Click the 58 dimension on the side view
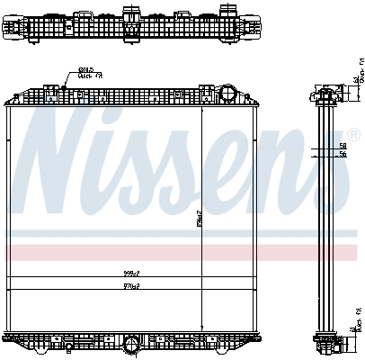(343, 145)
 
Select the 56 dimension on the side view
(343, 154)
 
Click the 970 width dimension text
(133, 286)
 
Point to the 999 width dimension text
(133, 273)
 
